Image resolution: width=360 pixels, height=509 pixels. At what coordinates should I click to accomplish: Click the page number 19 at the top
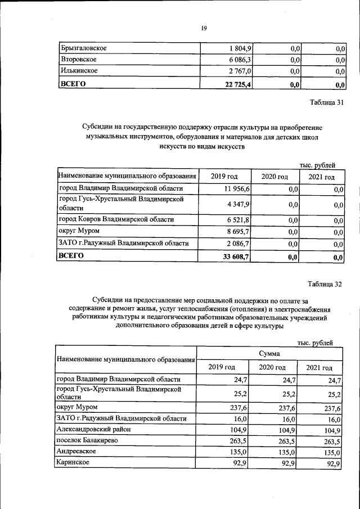pyautogui.click(x=204, y=30)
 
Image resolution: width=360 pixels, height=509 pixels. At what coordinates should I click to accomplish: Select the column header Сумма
pyautogui.click(x=270, y=354)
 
